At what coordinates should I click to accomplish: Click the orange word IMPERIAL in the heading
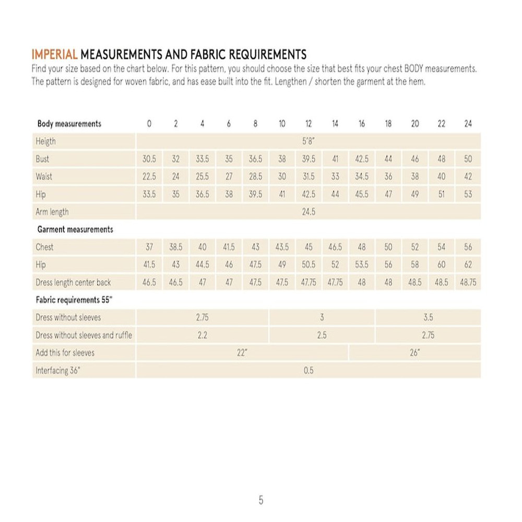coord(55,54)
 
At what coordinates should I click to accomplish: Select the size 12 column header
coord(309,124)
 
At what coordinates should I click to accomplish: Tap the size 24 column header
coord(468,124)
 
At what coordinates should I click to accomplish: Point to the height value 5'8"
coord(309,141)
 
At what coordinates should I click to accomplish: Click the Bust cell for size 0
coord(149,159)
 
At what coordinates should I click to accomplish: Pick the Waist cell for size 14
coord(335,176)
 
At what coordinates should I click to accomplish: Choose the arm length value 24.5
coord(309,212)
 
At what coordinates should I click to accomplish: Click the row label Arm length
coord(52,212)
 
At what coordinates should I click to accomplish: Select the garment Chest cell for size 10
coord(282,247)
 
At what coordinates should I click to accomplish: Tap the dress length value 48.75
coord(468,282)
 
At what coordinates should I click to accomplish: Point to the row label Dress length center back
coord(73,282)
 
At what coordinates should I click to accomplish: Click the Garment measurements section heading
coord(75,229)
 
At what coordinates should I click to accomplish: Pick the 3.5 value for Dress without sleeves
coord(428,317)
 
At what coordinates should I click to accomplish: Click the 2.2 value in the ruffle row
coord(203,335)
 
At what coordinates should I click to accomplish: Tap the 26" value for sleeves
coord(415,353)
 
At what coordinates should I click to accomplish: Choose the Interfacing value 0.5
coord(309,371)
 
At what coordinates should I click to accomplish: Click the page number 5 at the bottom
coord(261,500)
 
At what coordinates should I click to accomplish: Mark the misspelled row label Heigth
coord(45,141)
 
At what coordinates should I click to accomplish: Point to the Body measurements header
coord(69,124)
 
